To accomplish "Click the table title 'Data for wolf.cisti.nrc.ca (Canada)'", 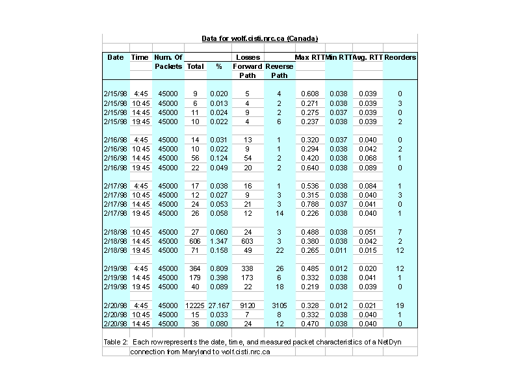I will point(259,39).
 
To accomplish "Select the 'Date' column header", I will point(115,57).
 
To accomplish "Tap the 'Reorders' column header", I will point(400,57).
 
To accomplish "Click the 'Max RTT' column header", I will point(309,57).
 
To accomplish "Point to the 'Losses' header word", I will point(248,57).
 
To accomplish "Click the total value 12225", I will point(195,305).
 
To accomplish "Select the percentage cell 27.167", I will point(219,305).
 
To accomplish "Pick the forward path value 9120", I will point(247,305).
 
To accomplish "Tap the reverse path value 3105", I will point(279,305).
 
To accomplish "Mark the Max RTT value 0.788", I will point(309,203).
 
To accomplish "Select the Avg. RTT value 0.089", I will point(367,167).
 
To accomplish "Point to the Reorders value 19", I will point(400,305).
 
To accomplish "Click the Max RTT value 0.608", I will point(309,94).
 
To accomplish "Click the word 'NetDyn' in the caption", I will point(387,341).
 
